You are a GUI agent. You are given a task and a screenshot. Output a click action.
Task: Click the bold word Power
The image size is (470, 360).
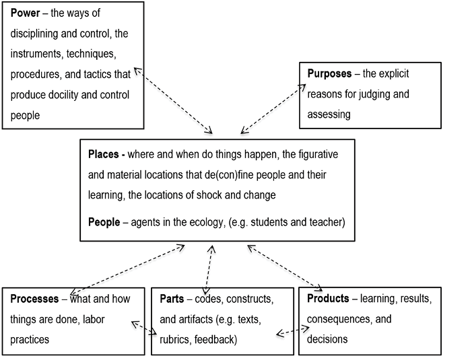pyautogui.click(x=24, y=13)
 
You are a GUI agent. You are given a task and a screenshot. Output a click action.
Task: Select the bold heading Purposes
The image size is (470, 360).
pyautogui.click(x=329, y=74)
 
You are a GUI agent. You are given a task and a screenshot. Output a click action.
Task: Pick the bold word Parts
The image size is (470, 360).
pyautogui.click(x=172, y=298)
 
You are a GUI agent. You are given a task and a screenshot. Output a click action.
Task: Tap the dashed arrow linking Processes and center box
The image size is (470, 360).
pyautogui.click(x=128, y=268)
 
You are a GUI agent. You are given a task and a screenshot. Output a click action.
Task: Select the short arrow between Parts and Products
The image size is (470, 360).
pyautogui.click(x=293, y=330)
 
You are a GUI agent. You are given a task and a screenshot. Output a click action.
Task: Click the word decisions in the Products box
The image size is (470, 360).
pyautogui.click(x=327, y=339)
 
